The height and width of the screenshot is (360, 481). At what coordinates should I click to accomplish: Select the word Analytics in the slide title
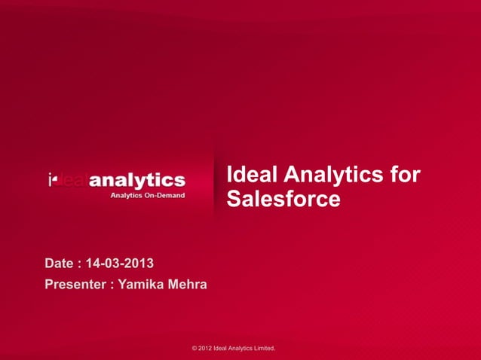point(332,175)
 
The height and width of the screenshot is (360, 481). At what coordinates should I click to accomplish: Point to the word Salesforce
point(283,200)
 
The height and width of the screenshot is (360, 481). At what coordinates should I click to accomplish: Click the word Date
point(60,264)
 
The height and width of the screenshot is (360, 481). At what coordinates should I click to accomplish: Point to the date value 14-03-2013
point(120,264)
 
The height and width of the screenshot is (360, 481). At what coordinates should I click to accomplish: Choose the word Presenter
point(75,285)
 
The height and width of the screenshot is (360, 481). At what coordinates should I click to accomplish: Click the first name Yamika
point(143,285)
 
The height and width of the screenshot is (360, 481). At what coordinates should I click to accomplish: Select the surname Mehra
point(188,285)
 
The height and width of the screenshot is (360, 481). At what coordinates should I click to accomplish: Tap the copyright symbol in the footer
point(195,349)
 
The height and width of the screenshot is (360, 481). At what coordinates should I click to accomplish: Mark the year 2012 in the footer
point(206,349)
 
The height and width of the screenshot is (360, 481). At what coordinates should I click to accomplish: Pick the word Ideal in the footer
point(222,349)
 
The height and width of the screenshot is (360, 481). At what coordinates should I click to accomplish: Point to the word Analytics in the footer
point(240,349)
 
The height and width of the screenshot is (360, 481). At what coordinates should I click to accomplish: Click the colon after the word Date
point(80,264)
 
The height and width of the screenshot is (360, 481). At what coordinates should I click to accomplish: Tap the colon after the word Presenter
point(112,285)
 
